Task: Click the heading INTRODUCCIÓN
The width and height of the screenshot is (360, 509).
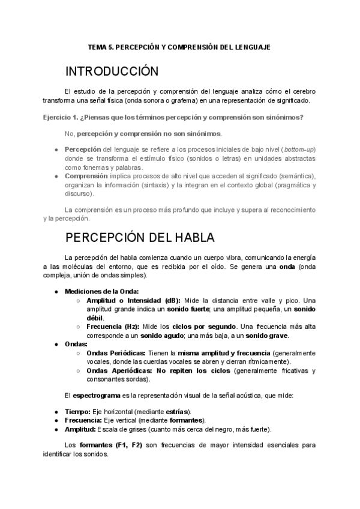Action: (112, 71)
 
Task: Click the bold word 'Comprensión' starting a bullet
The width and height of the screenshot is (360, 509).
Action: (86, 176)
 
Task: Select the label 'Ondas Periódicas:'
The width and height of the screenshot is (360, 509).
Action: (118, 353)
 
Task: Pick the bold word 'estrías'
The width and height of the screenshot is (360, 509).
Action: (177, 412)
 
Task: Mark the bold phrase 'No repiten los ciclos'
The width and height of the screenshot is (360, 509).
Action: (194, 370)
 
